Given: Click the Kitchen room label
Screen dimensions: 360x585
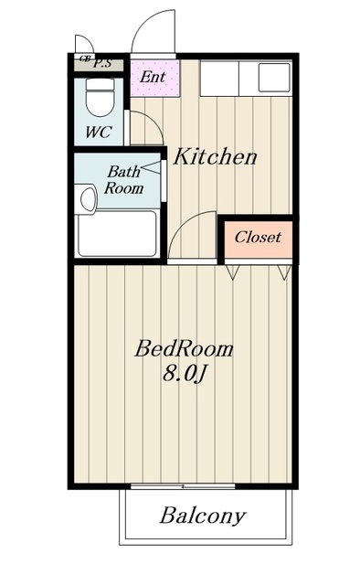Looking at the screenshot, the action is (216, 156).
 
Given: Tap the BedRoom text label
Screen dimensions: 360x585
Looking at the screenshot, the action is (184, 349).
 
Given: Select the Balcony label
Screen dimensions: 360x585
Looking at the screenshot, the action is (203, 516).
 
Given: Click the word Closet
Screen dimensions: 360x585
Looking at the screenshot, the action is (258, 237).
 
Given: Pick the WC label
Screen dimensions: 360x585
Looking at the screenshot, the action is (99, 132).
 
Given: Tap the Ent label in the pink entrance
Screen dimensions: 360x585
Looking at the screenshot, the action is (153, 77).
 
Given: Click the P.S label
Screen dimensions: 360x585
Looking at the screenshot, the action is (102, 63).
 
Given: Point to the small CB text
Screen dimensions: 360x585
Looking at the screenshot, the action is (85, 58).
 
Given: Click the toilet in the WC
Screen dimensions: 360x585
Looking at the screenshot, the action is (100, 97).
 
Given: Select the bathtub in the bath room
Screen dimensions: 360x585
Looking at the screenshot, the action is (117, 234).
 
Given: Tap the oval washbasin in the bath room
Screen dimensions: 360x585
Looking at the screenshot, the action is (89, 199).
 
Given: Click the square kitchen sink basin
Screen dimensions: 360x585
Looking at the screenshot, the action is (274, 78).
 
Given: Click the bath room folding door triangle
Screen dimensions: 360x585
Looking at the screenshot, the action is (152, 167).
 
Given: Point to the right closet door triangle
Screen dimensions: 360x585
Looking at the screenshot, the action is (284, 271).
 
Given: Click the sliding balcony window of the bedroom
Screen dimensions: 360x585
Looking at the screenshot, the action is (183, 486).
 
